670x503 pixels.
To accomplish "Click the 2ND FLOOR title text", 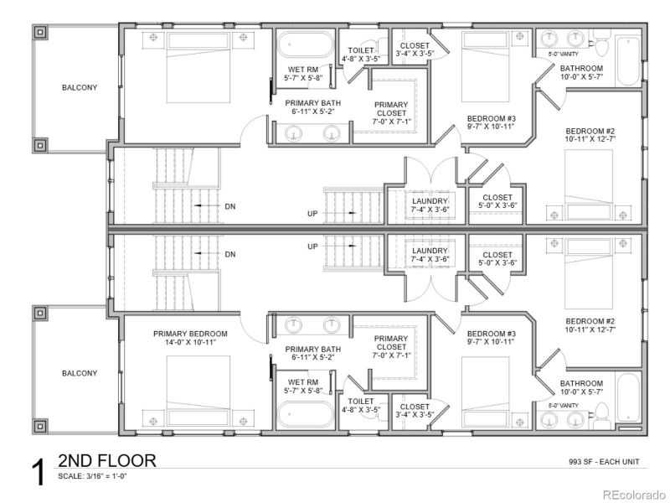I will tap(106, 460).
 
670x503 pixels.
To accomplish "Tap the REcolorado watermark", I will tap(634, 493).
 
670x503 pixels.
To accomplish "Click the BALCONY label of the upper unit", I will tap(79, 87).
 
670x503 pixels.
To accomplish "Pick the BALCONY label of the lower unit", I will tap(79, 373).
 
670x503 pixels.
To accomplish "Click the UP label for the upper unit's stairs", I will tap(312, 215).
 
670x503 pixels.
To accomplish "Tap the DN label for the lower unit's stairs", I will tap(230, 254).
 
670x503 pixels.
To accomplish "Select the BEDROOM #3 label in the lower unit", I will tap(491, 337).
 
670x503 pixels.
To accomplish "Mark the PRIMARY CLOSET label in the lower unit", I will tap(390, 344).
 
